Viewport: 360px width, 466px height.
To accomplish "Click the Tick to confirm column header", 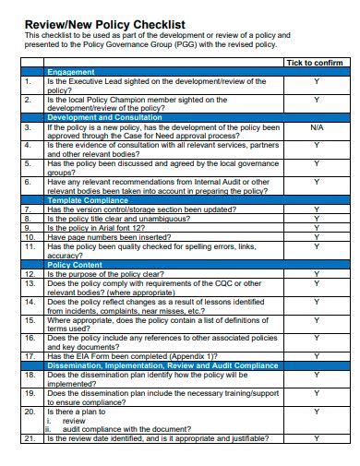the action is pos(314,63).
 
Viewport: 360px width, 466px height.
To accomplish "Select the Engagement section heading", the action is pos(71,72).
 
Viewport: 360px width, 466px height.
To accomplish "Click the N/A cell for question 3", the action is pos(316,127).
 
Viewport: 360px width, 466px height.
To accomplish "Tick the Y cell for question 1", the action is pos(316,82).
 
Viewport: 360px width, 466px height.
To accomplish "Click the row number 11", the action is pos(29,246).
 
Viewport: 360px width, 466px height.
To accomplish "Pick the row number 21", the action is pos(29,438).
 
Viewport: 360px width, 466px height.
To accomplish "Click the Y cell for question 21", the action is pos(316,438).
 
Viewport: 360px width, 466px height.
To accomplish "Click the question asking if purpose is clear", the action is pos(105,274).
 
